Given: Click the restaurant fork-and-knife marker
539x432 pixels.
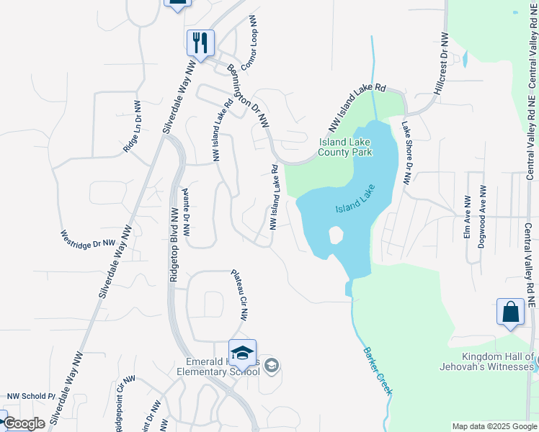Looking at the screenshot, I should [200, 42].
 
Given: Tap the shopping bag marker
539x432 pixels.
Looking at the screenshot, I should [510, 312].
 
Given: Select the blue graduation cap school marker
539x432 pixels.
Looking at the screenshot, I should [243, 353].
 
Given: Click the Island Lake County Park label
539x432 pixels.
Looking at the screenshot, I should [345, 148].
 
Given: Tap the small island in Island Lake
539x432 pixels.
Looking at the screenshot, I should [335, 235].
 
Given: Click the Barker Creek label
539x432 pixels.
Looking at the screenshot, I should [377, 371].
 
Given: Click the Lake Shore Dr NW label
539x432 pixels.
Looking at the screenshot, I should [406, 153].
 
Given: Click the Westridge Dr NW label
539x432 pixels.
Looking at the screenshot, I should [87, 240].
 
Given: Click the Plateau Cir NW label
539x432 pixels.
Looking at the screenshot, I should [239, 294].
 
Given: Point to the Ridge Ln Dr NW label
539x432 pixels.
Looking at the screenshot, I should [133, 126].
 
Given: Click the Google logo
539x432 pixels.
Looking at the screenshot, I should [24, 424].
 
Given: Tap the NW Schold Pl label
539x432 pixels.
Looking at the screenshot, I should [31, 396].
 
